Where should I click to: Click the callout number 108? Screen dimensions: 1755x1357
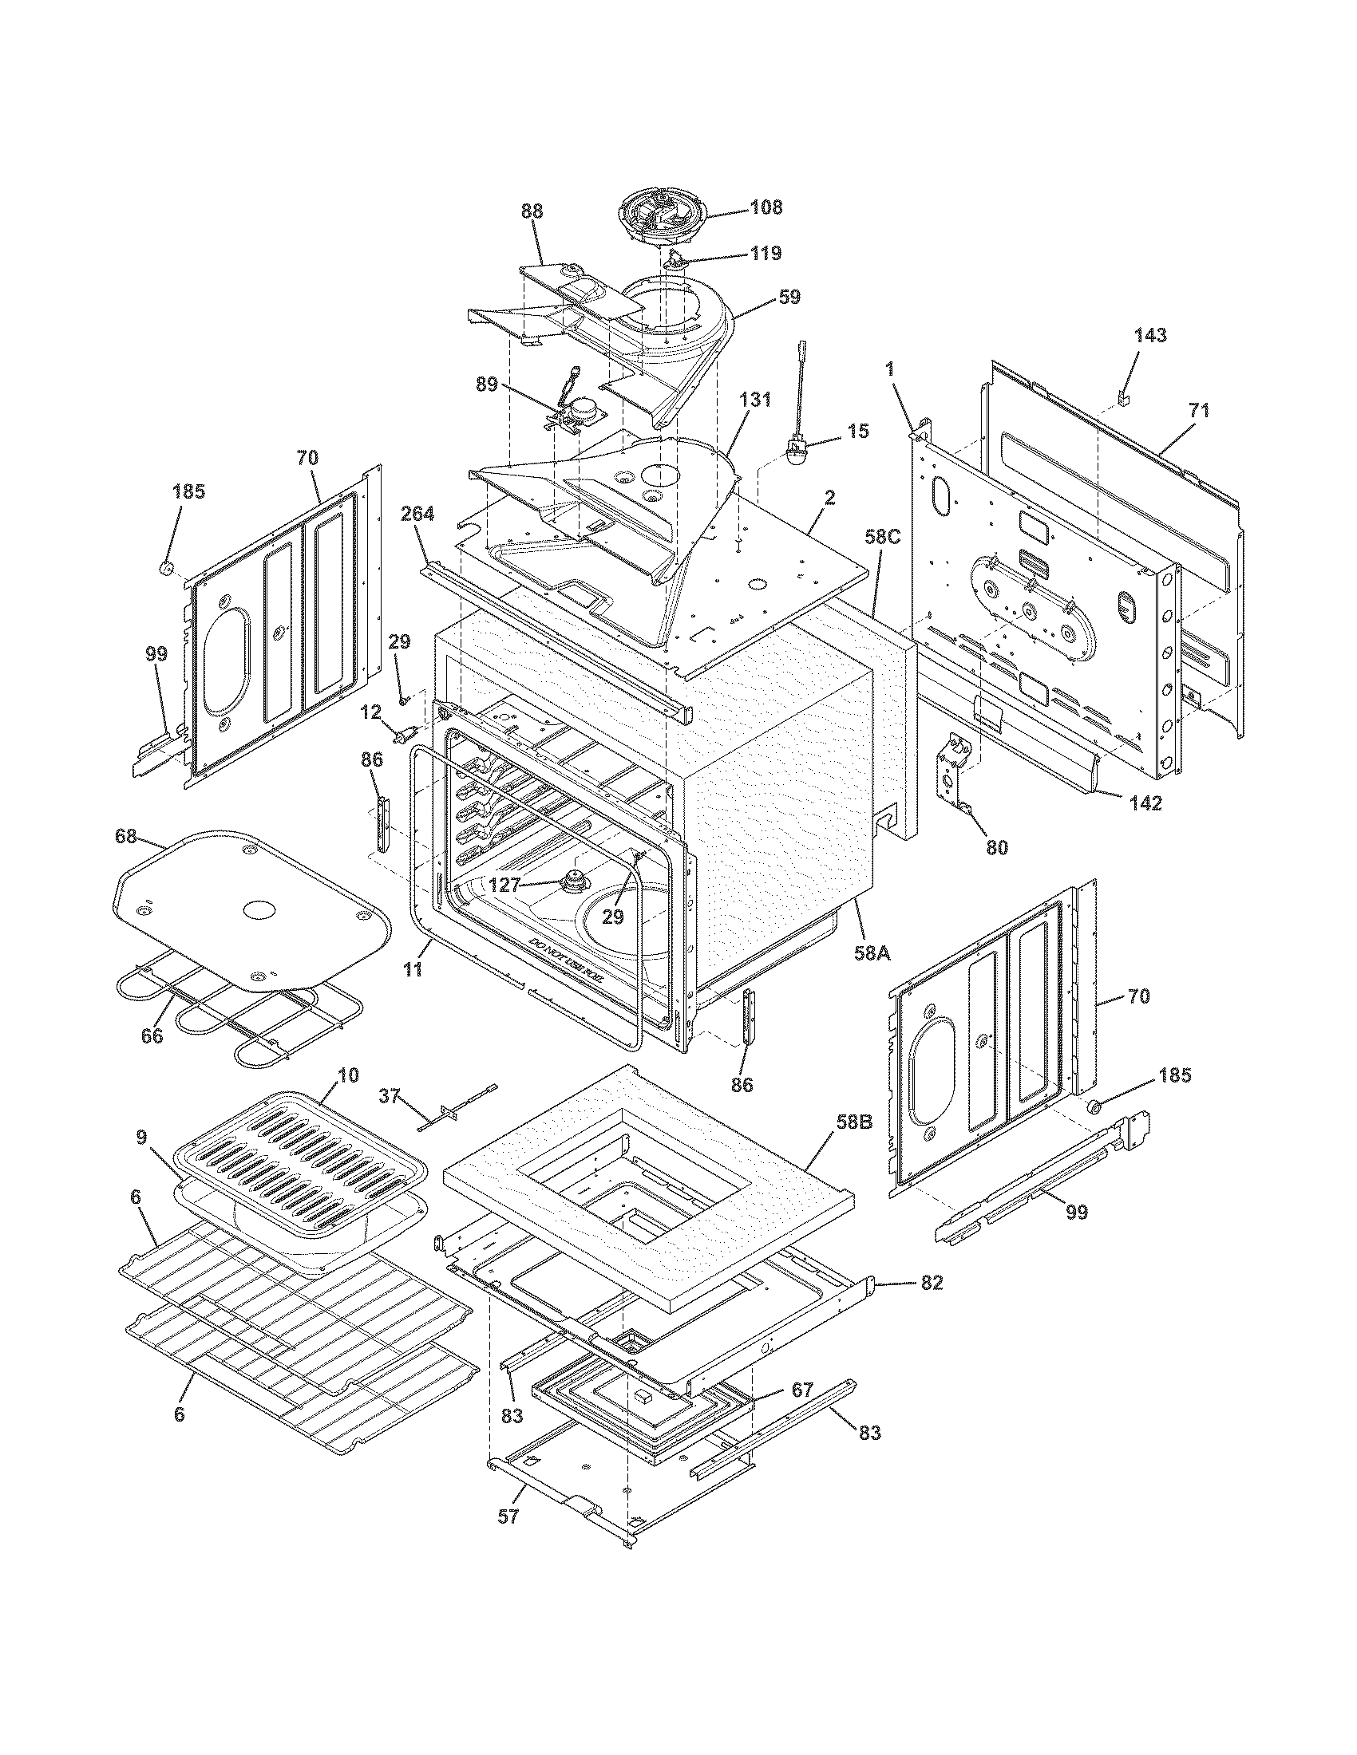[x=766, y=207]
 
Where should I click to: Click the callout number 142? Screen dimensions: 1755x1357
[x=1144, y=802]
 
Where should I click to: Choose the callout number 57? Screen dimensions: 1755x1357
[x=507, y=1516]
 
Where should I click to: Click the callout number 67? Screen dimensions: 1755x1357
[x=801, y=1388]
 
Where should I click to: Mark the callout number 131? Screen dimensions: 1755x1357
[x=760, y=399]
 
